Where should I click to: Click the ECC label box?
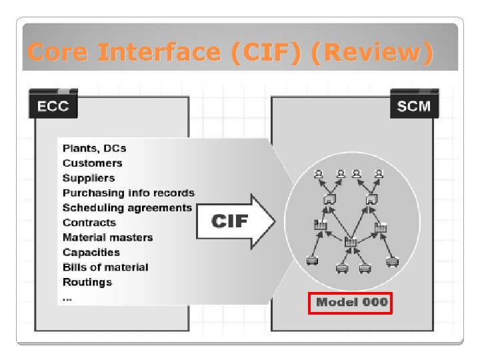(x=53, y=106)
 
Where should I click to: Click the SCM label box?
(x=414, y=106)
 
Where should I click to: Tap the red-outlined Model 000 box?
(x=351, y=302)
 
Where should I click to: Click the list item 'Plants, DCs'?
(x=94, y=148)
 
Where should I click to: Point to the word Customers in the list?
(x=93, y=163)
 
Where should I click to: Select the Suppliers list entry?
(x=89, y=178)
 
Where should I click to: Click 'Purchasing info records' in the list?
(x=129, y=193)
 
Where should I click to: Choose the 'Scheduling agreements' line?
(x=127, y=207)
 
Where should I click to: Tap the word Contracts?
(x=89, y=223)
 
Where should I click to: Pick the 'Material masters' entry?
(x=107, y=237)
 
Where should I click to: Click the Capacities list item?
(x=91, y=252)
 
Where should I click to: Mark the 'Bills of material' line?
(x=105, y=267)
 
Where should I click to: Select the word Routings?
(x=87, y=282)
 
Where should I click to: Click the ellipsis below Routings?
(x=67, y=298)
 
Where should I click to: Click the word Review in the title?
(x=377, y=51)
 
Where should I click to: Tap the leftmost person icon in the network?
(x=319, y=175)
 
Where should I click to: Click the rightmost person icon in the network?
(x=379, y=175)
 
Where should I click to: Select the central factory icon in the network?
(x=350, y=242)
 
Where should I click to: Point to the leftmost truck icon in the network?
(x=311, y=261)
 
